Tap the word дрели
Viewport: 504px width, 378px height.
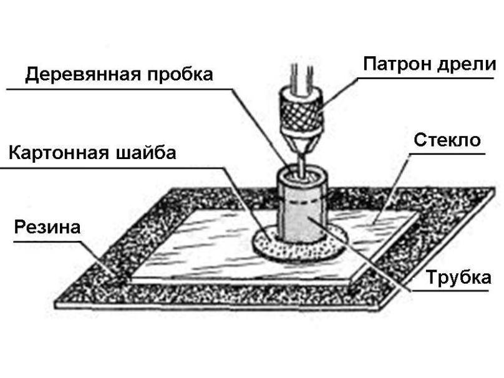click(x=467, y=64)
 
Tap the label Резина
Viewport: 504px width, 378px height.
click(x=47, y=227)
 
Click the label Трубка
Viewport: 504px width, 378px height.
click(x=458, y=278)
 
